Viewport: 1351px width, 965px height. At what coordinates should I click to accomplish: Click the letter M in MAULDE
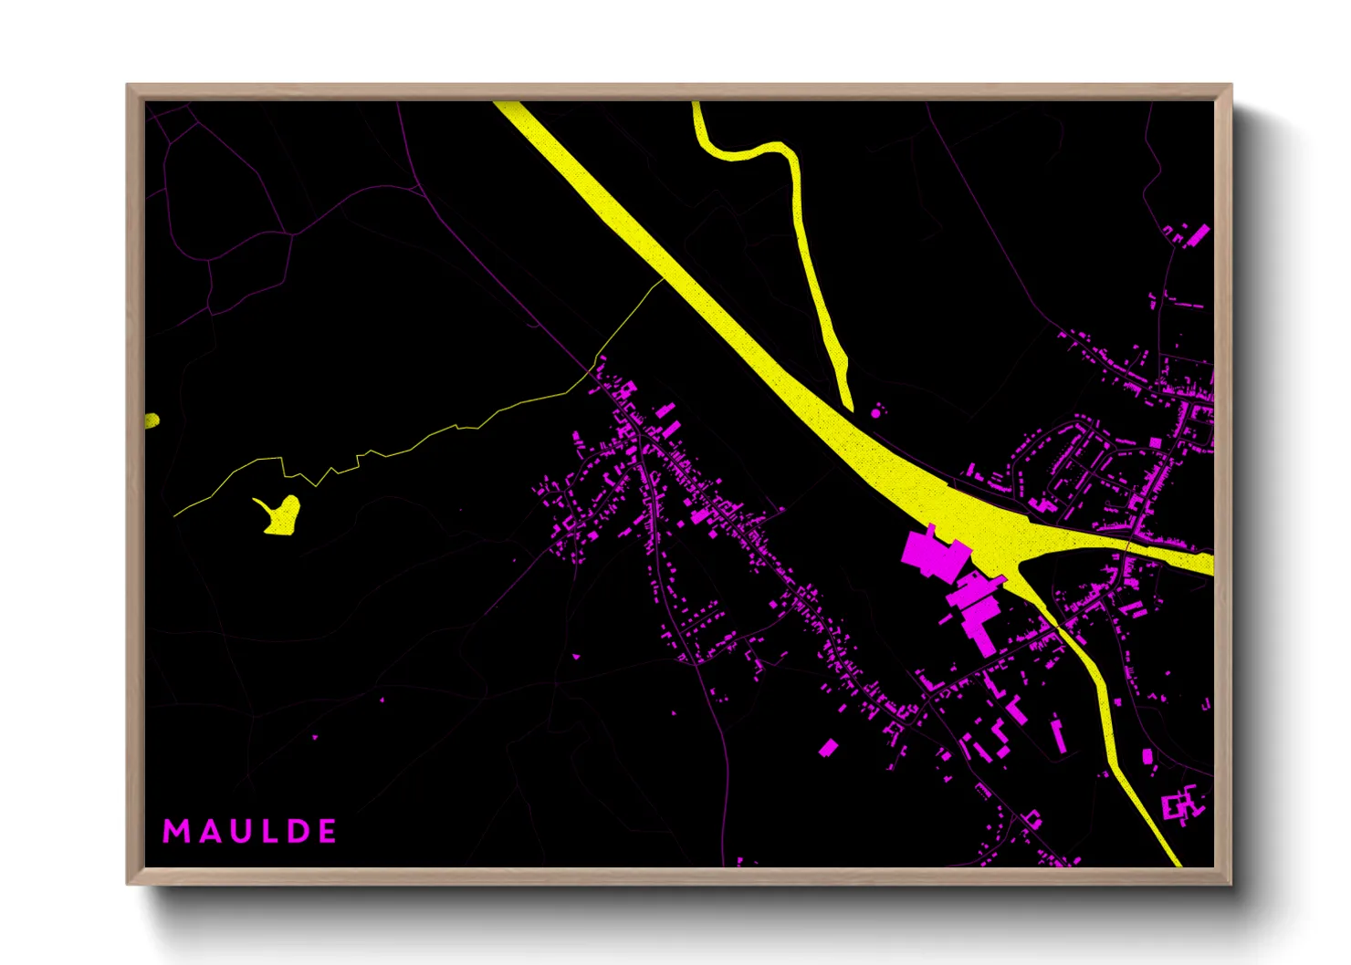(x=175, y=831)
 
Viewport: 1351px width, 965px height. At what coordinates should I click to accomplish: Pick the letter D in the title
(x=293, y=831)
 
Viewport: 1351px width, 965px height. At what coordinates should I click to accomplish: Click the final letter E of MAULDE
(x=327, y=831)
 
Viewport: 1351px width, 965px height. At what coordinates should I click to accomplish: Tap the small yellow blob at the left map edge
(x=152, y=420)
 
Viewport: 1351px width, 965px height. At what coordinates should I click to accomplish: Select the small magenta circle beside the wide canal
(x=875, y=413)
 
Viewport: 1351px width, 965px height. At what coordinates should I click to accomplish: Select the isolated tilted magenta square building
(x=828, y=749)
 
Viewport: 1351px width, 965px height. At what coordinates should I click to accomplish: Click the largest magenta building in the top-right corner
(x=1198, y=234)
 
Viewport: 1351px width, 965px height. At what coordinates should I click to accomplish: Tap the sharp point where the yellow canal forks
(x=1017, y=572)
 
